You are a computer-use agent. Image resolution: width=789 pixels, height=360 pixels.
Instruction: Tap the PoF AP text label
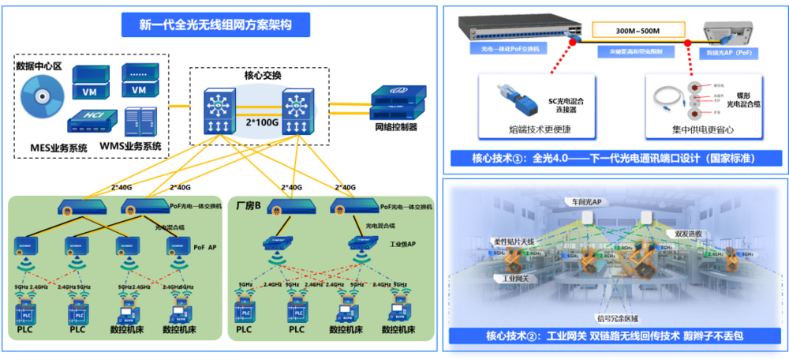pos(204,247)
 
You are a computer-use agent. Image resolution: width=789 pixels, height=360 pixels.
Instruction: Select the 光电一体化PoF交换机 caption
pos(513,48)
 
